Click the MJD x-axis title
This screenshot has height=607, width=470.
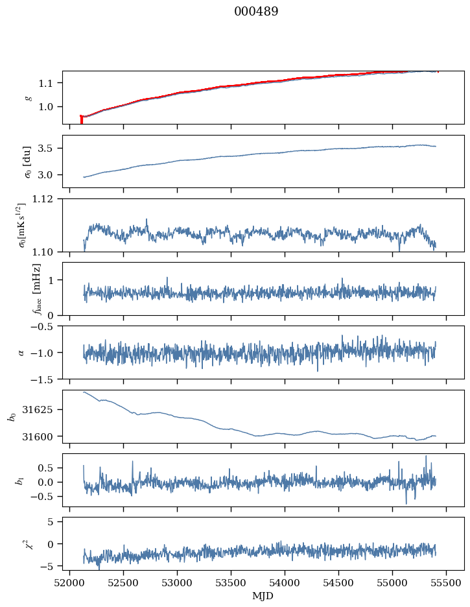tap(263, 596)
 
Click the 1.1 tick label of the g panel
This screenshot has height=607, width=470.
tap(49, 83)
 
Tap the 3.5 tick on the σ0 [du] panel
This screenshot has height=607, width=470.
tap(49, 149)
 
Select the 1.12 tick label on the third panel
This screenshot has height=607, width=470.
tap(47, 199)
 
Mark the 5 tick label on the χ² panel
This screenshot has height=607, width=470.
tap(54, 521)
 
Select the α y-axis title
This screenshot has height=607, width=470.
tap(21, 352)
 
